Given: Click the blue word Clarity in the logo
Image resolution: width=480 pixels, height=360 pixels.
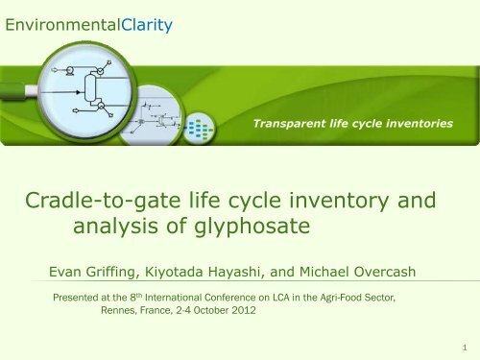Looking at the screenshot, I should (141, 21).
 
